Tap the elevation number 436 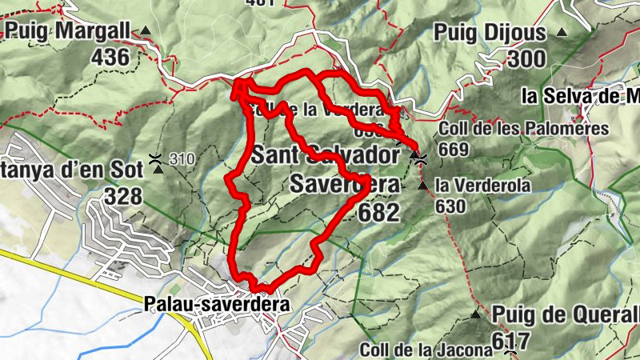click(110, 58)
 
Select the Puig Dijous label click(490, 33)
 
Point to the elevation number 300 click(525, 58)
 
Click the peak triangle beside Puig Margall click(146, 31)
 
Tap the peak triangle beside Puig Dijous click(562, 32)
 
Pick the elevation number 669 click(453, 149)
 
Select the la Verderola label click(483, 186)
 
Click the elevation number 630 click(451, 206)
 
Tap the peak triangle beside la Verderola click(422, 186)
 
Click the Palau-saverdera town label click(217, 305)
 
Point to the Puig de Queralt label click(565, 313)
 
